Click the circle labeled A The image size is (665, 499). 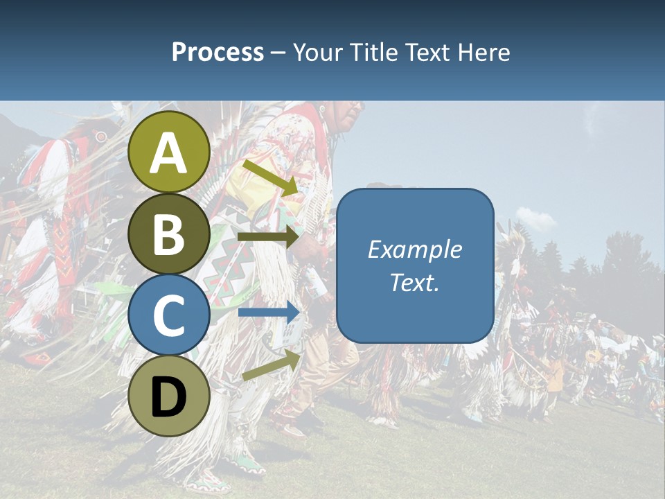[169, 152]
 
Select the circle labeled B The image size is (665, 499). [169, 234]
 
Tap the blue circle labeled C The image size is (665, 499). [169, 315]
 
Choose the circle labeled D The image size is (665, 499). [169, 396]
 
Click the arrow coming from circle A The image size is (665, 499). [270, 177]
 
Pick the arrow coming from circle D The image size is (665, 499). [271, 365]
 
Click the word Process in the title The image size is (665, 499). [218, 52]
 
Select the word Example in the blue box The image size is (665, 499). [414, 249]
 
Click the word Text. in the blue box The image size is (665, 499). [414, 282]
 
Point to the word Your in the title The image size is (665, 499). [318, 52]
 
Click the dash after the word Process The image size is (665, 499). [278, 53]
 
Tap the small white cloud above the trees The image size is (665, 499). [534, 218]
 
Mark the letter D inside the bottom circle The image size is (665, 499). [169, 397]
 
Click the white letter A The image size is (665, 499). [169, 153]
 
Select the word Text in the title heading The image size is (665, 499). [427, 52]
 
